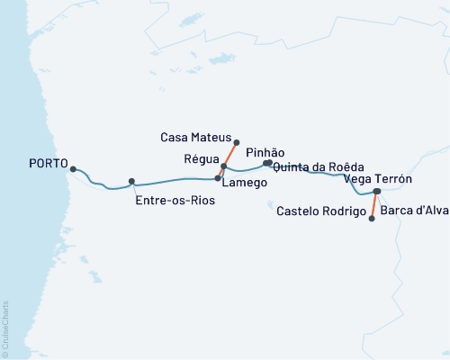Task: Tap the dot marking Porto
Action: [73, 169]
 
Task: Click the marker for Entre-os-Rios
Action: [131, 181]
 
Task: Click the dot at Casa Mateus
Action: [236, 142]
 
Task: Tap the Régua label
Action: [202, 156]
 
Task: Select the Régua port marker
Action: [224, 166]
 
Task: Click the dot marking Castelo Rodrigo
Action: [372, 218]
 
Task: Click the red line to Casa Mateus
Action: [229, 155]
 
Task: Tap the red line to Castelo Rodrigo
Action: [374, 205]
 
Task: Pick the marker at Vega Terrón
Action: [378, 192]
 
